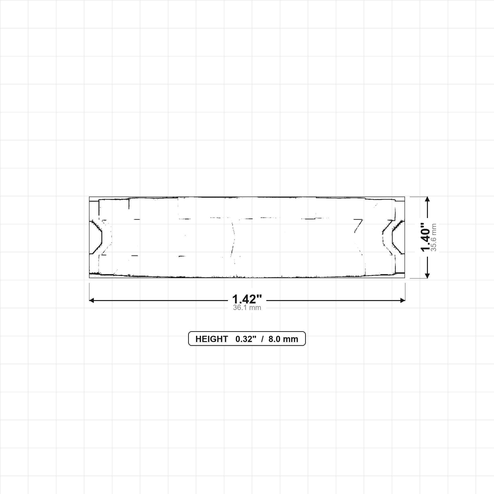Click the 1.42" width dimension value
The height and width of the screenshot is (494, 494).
[x=247, y=299]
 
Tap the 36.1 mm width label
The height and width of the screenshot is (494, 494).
[x=247, y=308]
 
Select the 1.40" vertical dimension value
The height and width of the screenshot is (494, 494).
[x=425, y=237]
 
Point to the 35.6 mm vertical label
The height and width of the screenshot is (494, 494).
[x=434, y=237]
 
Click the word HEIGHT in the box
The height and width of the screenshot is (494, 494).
[x=212, y=339]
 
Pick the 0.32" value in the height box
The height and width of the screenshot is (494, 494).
[x=246, y=339]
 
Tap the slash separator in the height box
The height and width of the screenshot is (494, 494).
[x=262, y=339]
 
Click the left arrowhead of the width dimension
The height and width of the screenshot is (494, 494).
[x=91, y=301]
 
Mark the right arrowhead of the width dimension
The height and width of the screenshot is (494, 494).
[x=403, y=301]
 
